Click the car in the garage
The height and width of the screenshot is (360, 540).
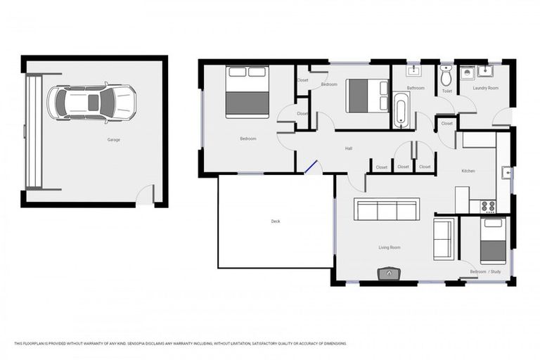point(91,103)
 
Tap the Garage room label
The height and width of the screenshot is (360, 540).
point(113,140)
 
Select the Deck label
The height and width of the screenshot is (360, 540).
point(276,221)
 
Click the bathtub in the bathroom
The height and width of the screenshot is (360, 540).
point(401,110)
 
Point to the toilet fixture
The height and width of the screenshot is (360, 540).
point(446,75)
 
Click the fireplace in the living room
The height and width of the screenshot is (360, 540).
point(389,273)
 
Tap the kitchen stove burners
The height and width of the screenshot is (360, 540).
point(487,206)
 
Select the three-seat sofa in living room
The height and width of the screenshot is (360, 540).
point(386,210)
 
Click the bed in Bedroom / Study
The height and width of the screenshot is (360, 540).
point(494,240)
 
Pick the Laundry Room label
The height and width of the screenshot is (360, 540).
point(485,88)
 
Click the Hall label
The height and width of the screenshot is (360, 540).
point(348,148)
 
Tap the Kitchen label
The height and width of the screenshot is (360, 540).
point(468,171)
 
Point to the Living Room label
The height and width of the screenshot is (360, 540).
point(390,247)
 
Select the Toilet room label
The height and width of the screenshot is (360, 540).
point(446,91)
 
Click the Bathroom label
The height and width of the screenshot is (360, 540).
point(415,88)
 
